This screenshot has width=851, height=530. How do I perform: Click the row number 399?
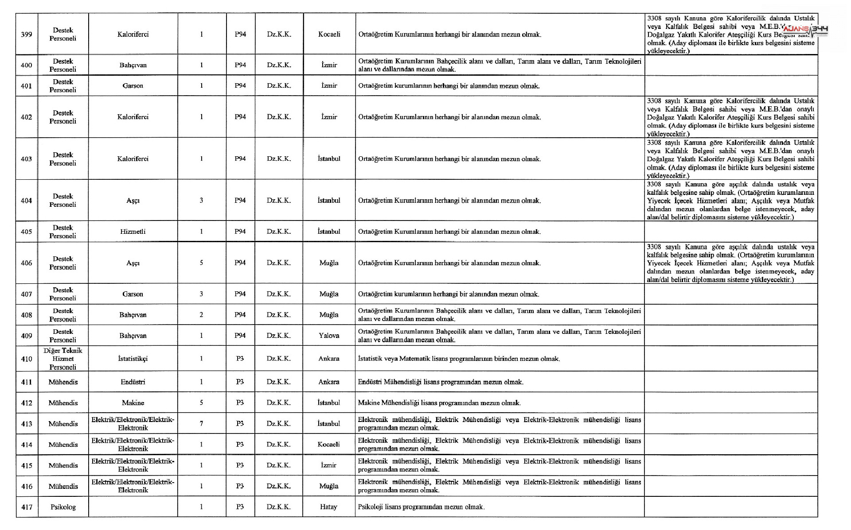pyautogui.click(x=27, y=35)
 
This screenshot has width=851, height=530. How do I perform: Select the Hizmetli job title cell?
pyautogui.click(x=133, y=232)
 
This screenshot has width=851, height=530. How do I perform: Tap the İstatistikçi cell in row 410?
pyautogui.click(x=133, y=359)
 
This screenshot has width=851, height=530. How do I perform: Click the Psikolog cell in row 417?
pyautogui.click(x=63, y=507)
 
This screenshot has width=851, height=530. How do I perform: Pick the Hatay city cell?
pyautogui.click(x=328, y=507)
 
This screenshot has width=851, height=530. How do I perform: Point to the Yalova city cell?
pyautogui.click(x=329, y=336)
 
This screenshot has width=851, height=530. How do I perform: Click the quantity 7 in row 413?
pyautogui.click(x=201, y=424)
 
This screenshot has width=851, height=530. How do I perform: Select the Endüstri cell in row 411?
pyautogui.click(x=133, y=382)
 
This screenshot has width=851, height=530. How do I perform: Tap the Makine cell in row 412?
pyautogui.click(x=133, y=403)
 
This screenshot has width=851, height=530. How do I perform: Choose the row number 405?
pyautogui.click(x=27, y=232)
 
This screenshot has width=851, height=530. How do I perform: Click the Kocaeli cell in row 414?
pyautogui.click(x=328, y=445)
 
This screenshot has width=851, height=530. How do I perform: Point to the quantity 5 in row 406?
pyautogui.click(x=201, y=263)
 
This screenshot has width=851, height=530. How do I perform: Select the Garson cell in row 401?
pyautogui.click(x=133, y=86)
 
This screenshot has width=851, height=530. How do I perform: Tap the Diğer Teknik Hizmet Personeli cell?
pyautogui.click(x=63, y=359)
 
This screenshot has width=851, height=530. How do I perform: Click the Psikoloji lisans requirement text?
pyautogui.click(x=421, y=507)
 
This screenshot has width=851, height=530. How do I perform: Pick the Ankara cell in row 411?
pyautogui.click(x=329, y=382)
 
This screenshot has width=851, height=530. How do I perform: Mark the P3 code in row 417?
pyautogui.click(x=240, y=507)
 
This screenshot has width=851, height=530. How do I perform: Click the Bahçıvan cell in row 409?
pyautogui.click(x=133, y=336)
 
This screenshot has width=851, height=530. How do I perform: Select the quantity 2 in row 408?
pyautogui.click(x=201, y=315)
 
